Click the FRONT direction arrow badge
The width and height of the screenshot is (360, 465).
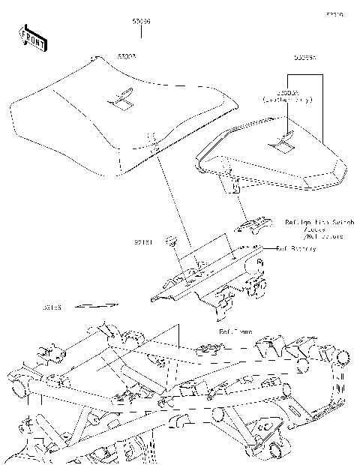pos(31,37)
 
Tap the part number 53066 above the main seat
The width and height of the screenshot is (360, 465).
pos(141,23)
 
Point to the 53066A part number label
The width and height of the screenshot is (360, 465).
pos(304,57)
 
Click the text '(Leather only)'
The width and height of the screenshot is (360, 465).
pos(287,99)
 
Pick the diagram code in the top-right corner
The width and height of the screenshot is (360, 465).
pos(334,13)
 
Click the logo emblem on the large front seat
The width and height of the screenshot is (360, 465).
pos(121,95)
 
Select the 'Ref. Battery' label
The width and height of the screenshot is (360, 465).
pos(295,248)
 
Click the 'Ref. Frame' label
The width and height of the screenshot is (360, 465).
pos(235,331)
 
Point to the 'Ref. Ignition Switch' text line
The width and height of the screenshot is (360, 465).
pos(313,223)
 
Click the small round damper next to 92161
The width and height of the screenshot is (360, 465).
pos(172,241)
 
